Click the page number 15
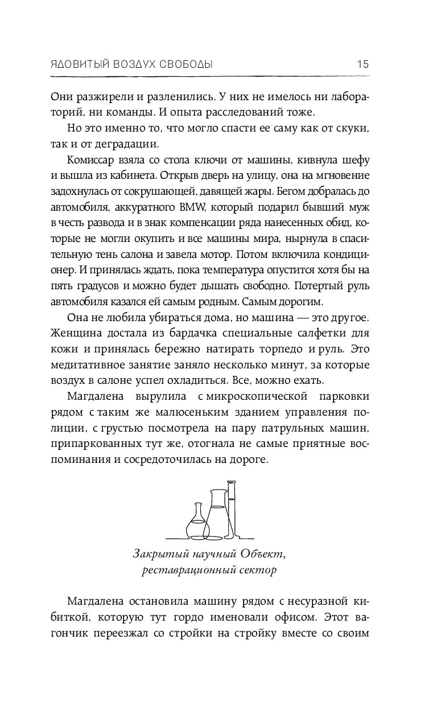point(362,63)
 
